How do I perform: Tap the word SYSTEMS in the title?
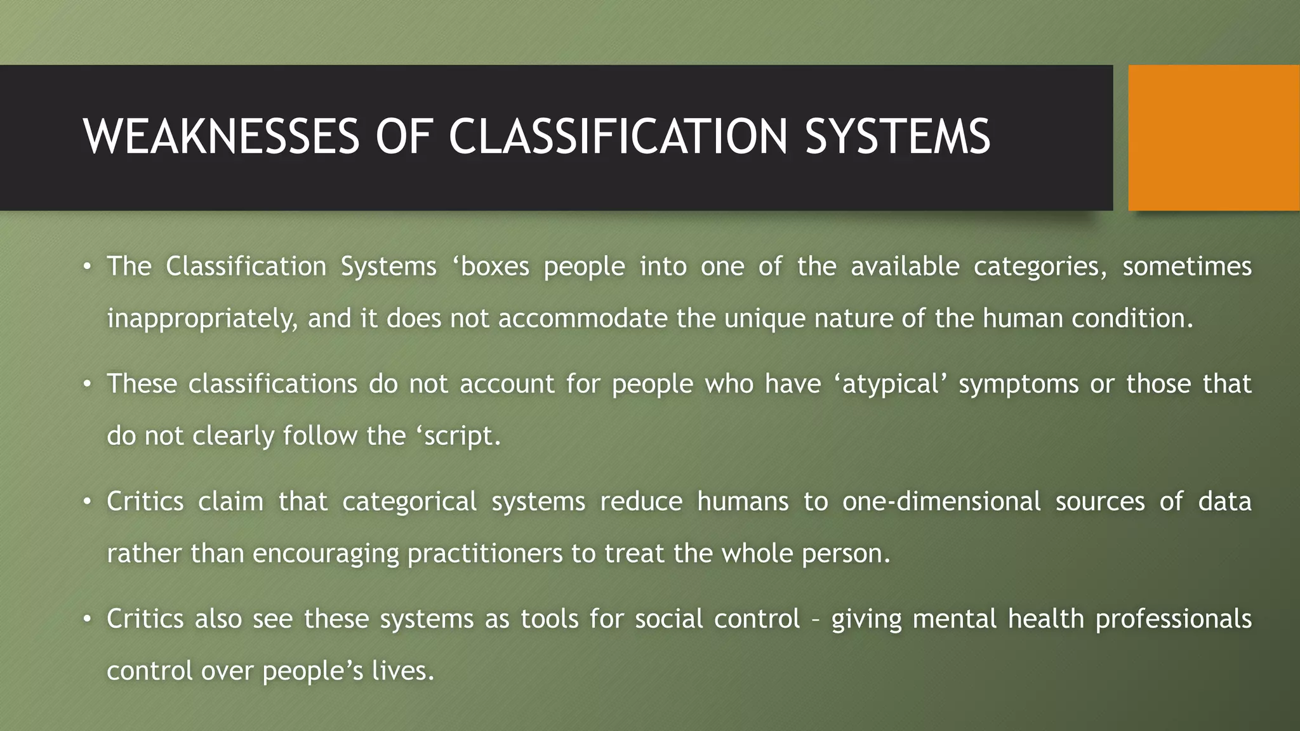(897, 136)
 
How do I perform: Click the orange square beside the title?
(1213, 138)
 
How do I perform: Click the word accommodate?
(582, 319)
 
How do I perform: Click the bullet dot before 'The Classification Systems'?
(88, 267)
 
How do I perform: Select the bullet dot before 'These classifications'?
(88, 385)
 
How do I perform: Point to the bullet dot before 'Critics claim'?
(88, 502)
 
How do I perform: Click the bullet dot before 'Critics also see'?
(88, 619)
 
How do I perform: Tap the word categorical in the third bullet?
(409, 502)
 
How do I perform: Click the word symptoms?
(1018, 385)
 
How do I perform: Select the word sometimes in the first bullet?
(1186, 267)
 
